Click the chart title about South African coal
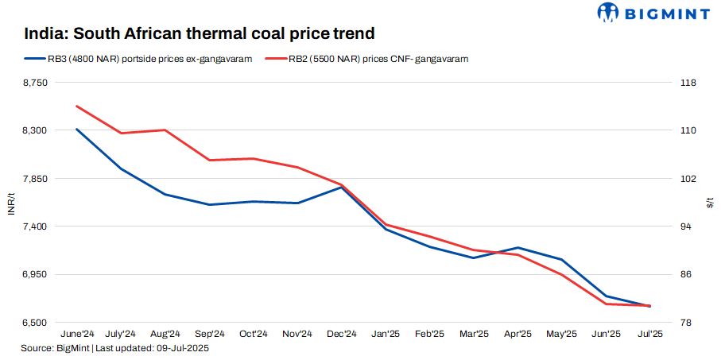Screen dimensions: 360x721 point(199,34)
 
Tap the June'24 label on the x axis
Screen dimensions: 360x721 point(77,335)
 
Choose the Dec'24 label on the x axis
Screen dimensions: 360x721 point(341,335)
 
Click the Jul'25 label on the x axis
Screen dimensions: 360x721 point(650,335)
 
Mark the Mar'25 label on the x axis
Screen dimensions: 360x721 point(474,335)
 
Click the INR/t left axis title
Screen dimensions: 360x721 point(10,203)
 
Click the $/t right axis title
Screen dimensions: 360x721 point(710,203)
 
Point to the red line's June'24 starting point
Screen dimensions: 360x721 point(77,106)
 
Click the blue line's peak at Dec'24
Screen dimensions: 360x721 point(341,188)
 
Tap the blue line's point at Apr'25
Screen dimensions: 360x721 point(518,248)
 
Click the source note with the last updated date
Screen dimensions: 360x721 point(115,348)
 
